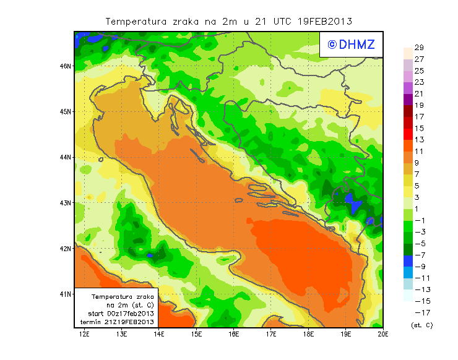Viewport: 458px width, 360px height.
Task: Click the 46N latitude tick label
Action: coord(65,66)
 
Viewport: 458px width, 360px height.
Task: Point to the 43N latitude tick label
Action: coord(65,203)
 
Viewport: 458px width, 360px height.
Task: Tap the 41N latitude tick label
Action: coord(65,294)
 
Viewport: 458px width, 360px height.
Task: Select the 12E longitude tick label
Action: coord(84,335)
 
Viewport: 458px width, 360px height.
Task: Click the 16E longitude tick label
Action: coord(234,335)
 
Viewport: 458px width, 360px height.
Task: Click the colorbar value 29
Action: coord(419,48)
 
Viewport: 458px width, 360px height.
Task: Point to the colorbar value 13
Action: coord(419,140)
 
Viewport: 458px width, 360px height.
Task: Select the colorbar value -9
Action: coord(419,267)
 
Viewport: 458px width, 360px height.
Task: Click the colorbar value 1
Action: coord(419,209)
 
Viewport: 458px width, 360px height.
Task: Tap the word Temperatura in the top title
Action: coord(136,21)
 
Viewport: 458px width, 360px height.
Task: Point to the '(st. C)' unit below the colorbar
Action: coord(421,325)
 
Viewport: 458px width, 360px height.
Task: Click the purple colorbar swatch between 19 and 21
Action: coord(407,100)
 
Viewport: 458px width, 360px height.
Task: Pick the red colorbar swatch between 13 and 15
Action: coord(407,134)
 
